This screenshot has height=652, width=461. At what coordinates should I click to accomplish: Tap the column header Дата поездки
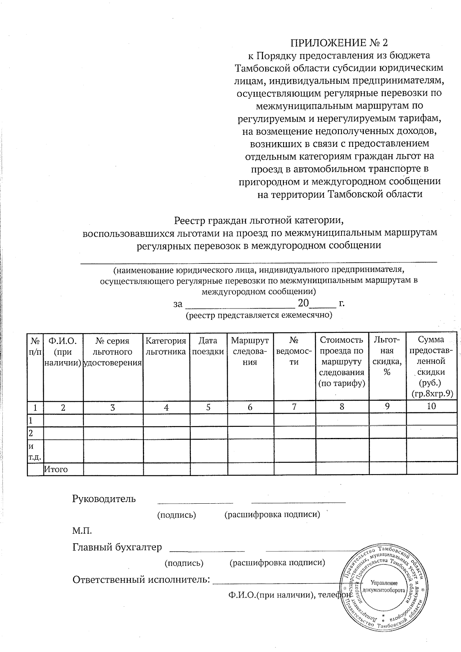(208, 346)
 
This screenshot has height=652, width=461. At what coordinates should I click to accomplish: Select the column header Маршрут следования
(250, 351)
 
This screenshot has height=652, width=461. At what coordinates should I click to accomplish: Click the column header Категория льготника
(166, 346)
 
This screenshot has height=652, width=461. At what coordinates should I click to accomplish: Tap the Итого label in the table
(56, 469)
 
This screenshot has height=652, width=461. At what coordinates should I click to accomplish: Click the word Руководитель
(104, 499)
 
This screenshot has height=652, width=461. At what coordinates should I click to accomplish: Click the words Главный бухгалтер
(117, 547)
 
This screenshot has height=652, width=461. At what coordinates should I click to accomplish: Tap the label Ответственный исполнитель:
(141, 579)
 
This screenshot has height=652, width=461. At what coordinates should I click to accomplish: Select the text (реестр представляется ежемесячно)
(259, 315)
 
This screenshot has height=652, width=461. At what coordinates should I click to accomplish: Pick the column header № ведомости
(294, 351)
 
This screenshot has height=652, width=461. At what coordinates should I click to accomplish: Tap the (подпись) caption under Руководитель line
(177, 515)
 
